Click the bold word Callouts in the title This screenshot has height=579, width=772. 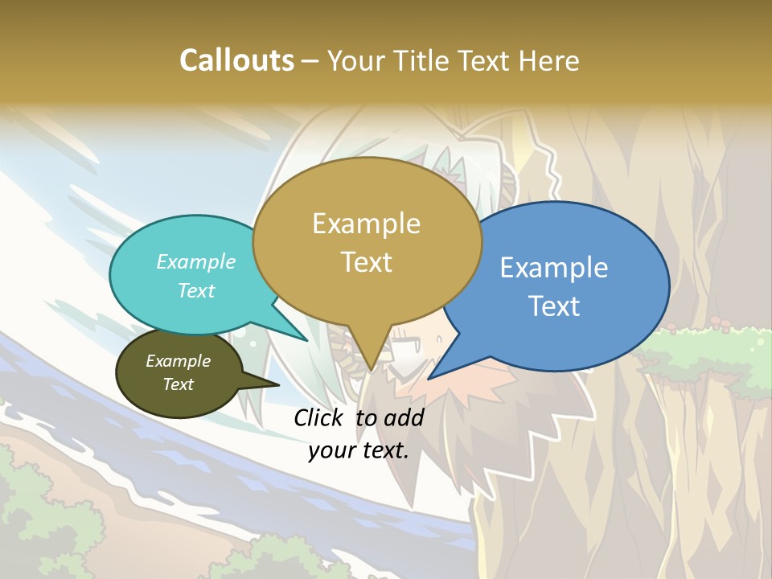click(x=236, y=60)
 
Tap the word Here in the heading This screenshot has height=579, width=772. click(x=548, y=60)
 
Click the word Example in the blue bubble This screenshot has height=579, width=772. click(x=554, y=267)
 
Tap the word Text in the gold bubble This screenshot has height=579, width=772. click(x=367, y=262)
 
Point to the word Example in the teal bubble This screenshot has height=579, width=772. click(x=196, y=261)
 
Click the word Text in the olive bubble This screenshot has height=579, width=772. click(x=179, y=384)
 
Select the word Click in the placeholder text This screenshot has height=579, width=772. click(x=319, y=417)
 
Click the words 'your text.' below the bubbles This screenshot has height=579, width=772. click(x=359, y=450)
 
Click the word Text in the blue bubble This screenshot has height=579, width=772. click(x=554, y=306)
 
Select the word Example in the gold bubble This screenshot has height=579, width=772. click(x=367, y=224)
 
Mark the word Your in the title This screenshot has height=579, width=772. click(x=354, y=60)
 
